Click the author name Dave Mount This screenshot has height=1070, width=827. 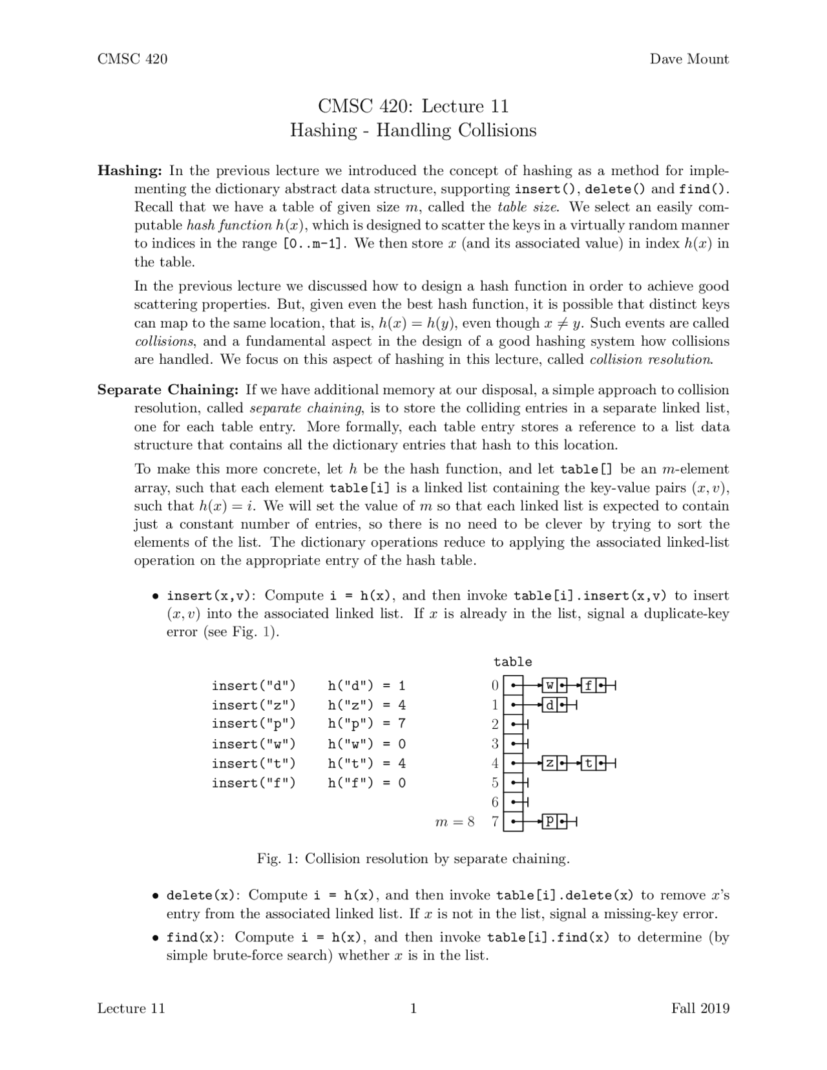click(689, 59)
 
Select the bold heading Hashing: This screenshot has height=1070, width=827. click(129, 171)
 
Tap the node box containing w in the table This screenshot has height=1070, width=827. click(550, 686)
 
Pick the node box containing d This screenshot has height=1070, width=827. click(550, 705)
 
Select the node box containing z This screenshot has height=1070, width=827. click(550, 764)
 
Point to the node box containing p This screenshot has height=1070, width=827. click(550, 822)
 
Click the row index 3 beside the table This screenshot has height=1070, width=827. click(495, 744)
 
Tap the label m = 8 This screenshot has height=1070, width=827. click(455, 822)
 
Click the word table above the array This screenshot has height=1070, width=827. click(512, 662)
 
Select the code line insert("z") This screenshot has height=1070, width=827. click(253, 705)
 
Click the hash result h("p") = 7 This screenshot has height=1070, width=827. click(366, 724)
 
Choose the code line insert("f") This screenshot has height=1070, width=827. click(253, 783)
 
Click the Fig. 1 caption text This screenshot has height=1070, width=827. click(413, 859)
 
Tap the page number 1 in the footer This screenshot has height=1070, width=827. click(413, 1009)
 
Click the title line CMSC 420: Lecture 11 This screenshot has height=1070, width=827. click(413, 107)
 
